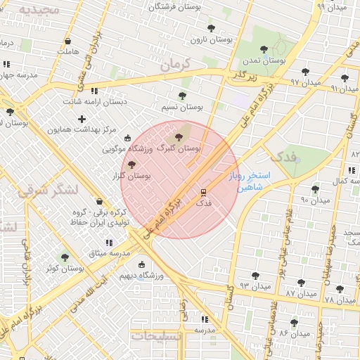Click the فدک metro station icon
[x=203, y=191]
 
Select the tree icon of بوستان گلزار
[x=132, y=164]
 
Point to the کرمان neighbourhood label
[x=175, y=64]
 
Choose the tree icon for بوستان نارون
[x=211, y=29]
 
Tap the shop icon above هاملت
[x=67, y=41]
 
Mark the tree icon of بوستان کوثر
[x=65, y=257]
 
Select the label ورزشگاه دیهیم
[x=161, y=276]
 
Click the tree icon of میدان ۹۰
[x=315, y=188]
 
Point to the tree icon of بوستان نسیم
[x=182, y=96]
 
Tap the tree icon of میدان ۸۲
[x=294, y=322]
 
